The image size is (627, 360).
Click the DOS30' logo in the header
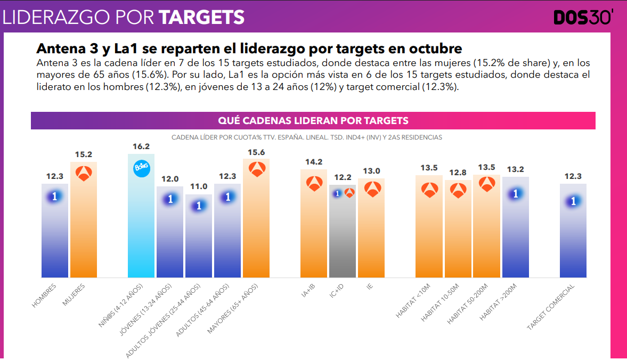pos(583,17)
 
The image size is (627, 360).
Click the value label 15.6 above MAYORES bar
pos(256,152)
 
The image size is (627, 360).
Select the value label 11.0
pos(199,187)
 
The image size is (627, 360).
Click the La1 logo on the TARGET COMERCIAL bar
pos(573,201)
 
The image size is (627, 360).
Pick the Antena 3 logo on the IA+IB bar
pos(314,183)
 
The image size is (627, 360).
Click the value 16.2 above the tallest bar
pos(141,146)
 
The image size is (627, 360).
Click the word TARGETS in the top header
pos(202,18)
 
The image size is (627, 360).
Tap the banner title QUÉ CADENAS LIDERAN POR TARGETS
pos(313,120)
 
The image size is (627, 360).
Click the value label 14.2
pos(314,162)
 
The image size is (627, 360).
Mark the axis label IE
pos(369,287)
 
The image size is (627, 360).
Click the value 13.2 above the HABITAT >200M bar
pos(515,169)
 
